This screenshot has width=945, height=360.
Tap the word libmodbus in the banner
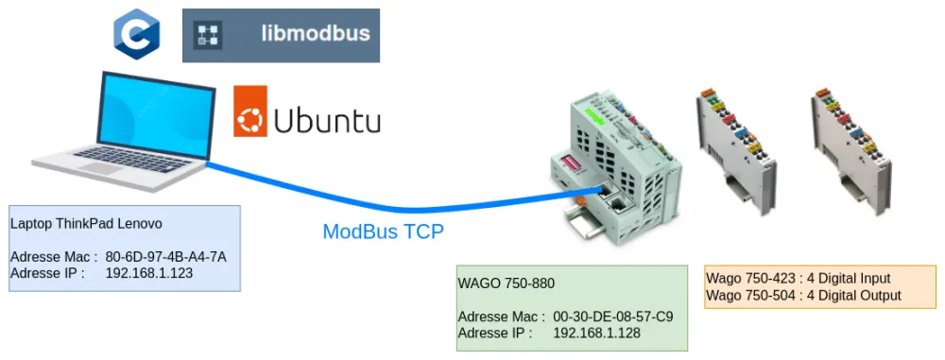315,35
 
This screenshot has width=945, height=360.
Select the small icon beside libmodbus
207,36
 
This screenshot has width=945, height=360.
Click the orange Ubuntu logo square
250,111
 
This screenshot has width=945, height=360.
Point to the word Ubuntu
327,121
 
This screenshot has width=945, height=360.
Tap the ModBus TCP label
383,232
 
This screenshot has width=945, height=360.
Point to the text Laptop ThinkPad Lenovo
86,224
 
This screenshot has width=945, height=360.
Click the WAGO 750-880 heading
506,283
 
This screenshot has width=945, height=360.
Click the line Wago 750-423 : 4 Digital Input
799,279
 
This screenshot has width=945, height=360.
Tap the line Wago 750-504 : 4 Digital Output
803,296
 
